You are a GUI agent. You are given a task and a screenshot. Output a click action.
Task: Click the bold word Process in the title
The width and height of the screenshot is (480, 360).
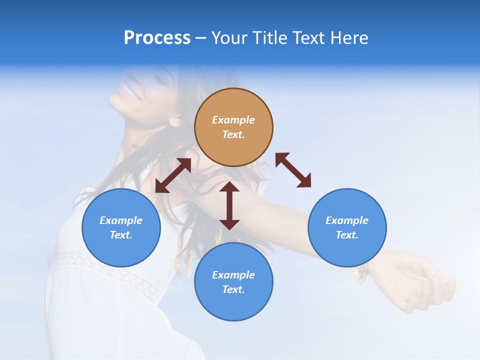pyautogui.click(x=157, y=38)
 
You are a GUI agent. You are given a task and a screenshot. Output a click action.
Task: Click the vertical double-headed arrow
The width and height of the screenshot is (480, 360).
pyautogui.click(x=229, y=205)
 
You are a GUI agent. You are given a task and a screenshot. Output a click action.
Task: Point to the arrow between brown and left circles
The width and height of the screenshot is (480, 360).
pyautogui.click(x=173, y=175)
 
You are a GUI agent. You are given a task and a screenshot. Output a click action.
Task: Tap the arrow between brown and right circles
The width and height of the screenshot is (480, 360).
pyautogui.click(x=293, y=170)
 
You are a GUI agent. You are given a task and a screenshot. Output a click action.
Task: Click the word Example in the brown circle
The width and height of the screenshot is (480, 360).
pyautogui.click(x=233, y=120)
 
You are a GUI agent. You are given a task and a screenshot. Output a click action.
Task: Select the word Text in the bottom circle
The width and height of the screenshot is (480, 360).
pyautogui.click(x=233, y=289)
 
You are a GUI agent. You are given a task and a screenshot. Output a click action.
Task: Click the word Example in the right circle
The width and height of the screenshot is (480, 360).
pyautogui.click(x=347, y=220)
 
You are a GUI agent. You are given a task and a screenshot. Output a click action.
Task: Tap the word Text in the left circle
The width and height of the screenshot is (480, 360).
pyautogui.click(x=121, y=235)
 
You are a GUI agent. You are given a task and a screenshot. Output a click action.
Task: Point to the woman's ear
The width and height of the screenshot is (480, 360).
pyautogui.click(x=175, y=119)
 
